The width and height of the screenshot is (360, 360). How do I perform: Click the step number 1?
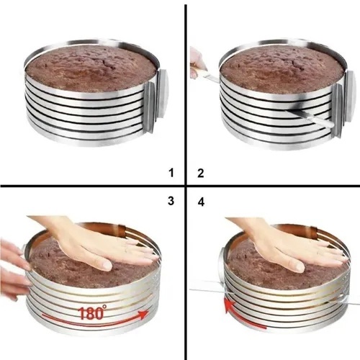[171, 173]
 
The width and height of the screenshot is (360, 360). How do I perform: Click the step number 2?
[201, 174]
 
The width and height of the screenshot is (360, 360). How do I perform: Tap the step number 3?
[171, 201]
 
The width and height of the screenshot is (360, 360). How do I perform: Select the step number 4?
[201, 202]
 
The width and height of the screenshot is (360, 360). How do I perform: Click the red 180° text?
[92, 313]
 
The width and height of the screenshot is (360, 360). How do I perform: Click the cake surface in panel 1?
[91, 67]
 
